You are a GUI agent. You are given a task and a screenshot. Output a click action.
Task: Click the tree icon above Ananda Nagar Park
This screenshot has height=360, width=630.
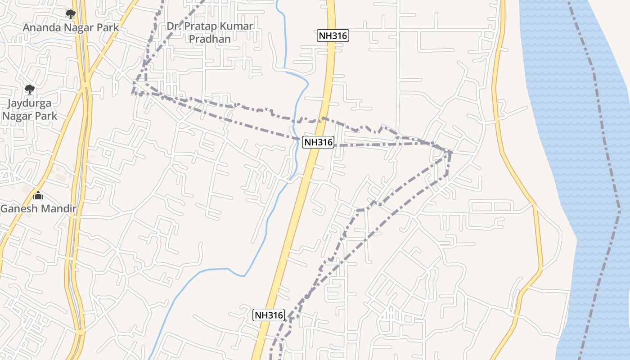(70, 14)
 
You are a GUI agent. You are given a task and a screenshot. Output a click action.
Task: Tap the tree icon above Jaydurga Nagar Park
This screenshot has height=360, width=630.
(30, 89)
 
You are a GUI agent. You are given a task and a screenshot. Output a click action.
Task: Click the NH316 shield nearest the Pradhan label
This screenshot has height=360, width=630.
(333, 36)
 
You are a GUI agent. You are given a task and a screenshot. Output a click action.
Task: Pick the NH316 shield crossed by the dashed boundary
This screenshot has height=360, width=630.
(318, 142)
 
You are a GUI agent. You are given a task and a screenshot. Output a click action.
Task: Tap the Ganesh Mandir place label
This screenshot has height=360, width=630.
(38, 209)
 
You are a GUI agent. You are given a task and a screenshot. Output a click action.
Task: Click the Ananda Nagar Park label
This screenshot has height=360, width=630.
(71, 27)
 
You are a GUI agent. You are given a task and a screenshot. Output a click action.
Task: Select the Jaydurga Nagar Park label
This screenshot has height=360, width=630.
(30, 110)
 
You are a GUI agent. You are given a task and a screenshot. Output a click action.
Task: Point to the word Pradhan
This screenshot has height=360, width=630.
(210, 39)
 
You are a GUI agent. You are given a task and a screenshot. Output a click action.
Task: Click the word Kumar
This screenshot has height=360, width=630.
(240, 26)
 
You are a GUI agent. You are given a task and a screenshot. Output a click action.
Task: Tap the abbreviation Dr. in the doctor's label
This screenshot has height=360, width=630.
(173, 26)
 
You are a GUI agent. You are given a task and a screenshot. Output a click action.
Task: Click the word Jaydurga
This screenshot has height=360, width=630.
(30, 103)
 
